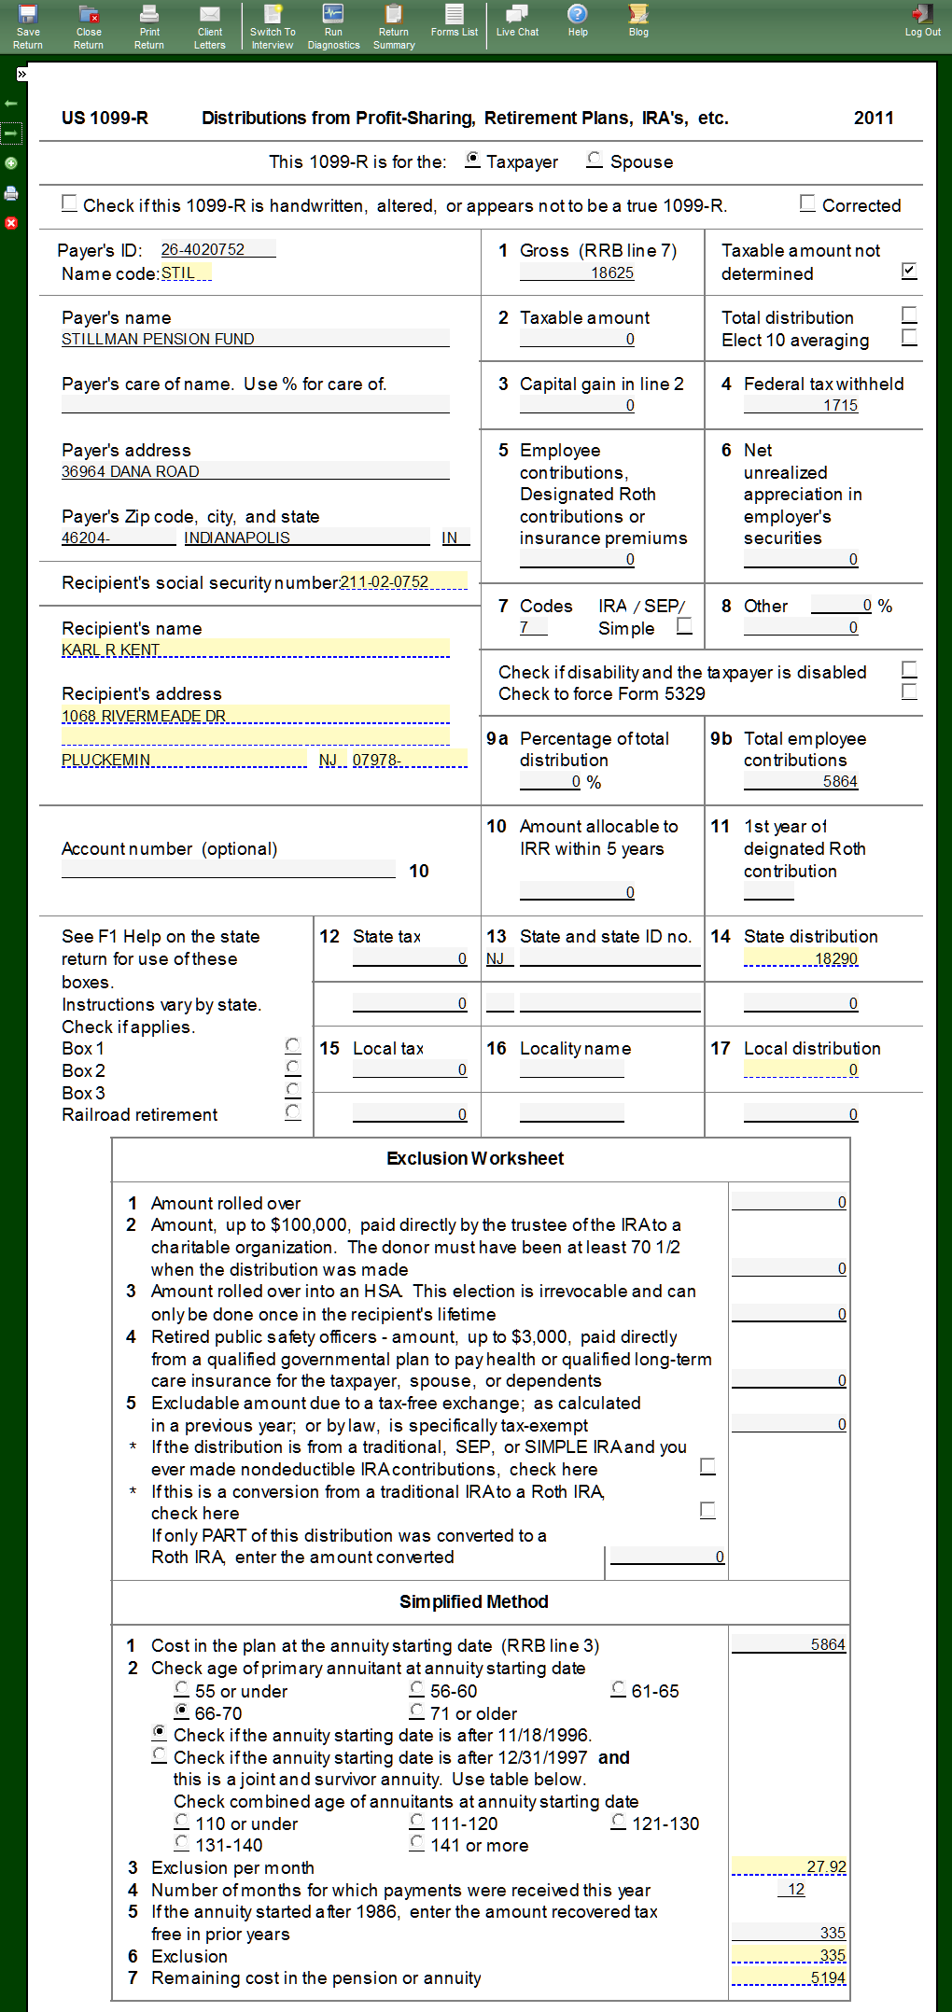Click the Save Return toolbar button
tap(28, 26)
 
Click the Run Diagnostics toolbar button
tap(333, 26)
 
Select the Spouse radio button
tap(595, 161)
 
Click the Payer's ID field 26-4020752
tap(217, 250)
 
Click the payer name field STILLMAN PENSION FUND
tap(254, 339)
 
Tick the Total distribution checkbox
tap(910, 314)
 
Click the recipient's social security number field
tap(403, 582)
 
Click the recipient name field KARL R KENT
tap(254, 650)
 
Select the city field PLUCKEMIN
tap(183, 760)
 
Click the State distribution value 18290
tap(801, 958)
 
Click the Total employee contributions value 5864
tap(801, 781)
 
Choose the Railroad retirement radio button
tap(293, 1112)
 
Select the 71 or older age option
tap(417, 1712)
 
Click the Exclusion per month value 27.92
tap(790, 1866)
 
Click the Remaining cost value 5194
tap(790, 1977)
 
